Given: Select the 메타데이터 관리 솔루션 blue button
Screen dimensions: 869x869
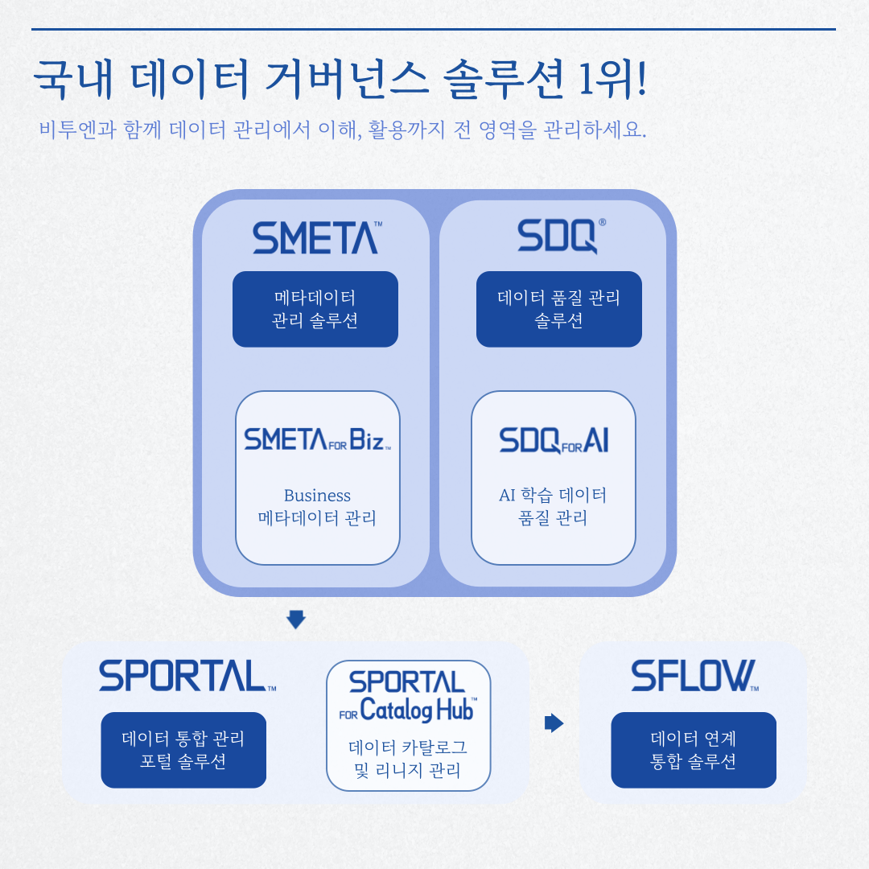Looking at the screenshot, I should click(315, 309).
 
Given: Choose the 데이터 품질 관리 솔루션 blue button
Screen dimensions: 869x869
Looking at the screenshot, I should click(559, 309).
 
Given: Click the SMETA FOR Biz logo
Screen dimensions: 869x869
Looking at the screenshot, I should click(318, 440).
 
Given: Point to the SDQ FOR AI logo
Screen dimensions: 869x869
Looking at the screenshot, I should click(554, 440).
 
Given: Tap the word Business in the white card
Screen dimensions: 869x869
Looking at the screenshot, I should click(317, 496).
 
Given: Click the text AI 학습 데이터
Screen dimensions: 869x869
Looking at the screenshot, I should click(553, 495).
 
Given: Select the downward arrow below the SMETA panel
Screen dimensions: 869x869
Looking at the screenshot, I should click(296, 619).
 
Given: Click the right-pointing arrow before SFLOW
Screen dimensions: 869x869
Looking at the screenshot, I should click(554, 723).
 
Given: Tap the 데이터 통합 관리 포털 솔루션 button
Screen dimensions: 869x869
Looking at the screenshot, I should click(183, 750).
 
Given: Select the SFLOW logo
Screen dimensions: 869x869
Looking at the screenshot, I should click(694, 677).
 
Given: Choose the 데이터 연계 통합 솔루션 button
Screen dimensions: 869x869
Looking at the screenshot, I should click(694, 750).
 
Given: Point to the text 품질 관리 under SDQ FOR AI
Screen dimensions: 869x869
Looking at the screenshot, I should click(553, 518).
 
